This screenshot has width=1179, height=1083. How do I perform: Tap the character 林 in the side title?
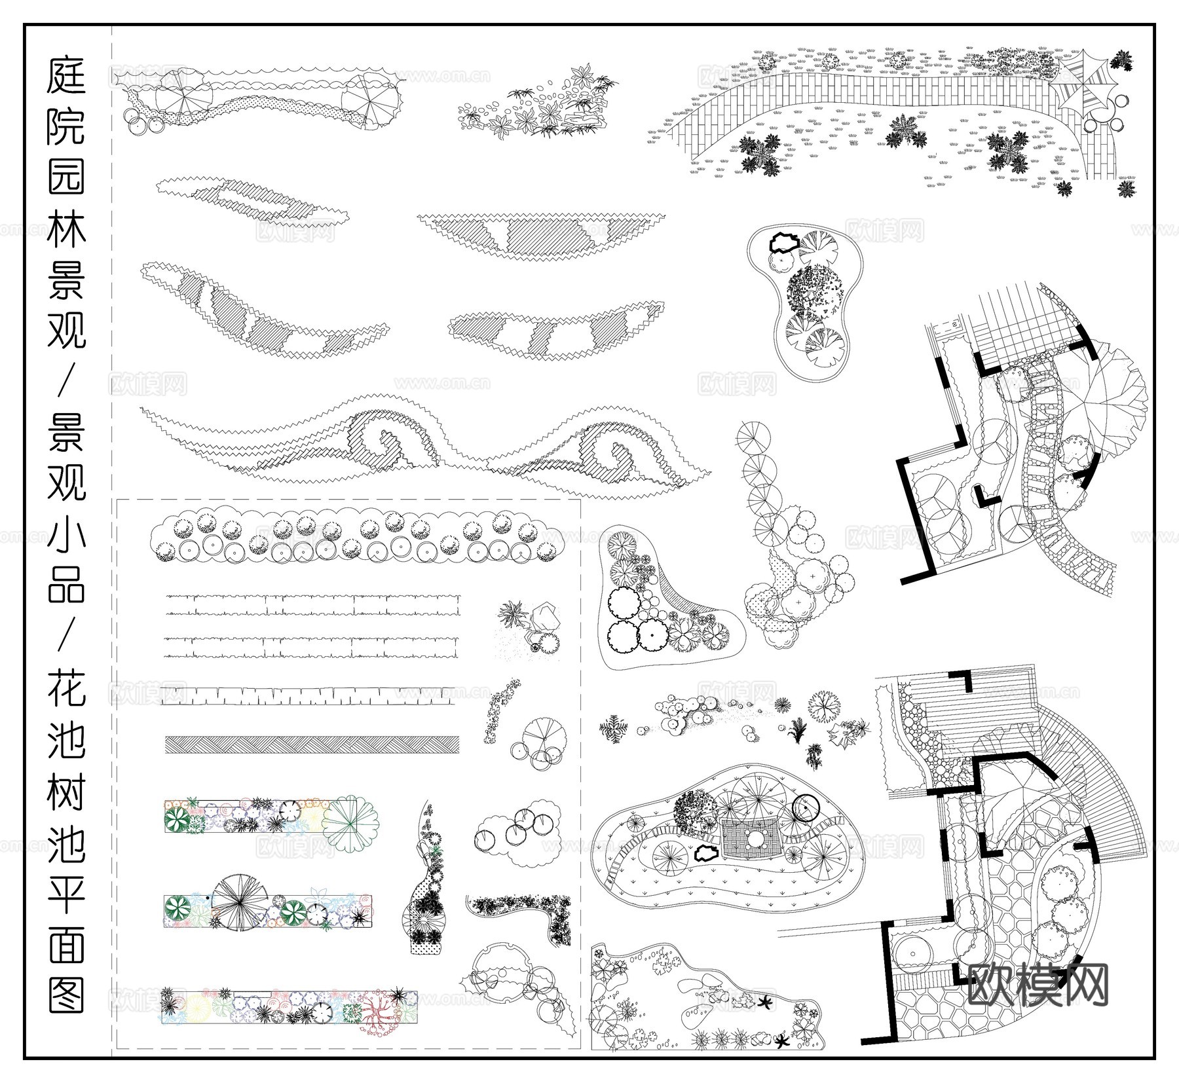(66, 226)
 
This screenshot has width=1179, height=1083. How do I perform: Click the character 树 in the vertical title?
(66, 789)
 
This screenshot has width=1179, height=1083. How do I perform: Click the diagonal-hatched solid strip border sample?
(311, 744)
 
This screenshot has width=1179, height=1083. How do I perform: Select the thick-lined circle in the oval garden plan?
(805, 809)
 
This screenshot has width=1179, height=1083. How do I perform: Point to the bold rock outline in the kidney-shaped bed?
(783, 243)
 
